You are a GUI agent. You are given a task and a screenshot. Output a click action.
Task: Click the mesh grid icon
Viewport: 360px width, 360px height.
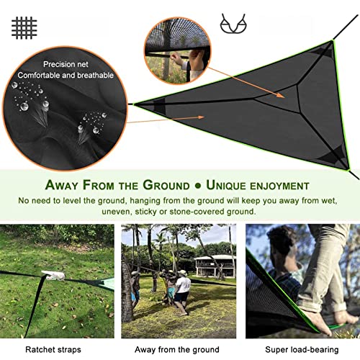pyautogui.click(x=24, y=27)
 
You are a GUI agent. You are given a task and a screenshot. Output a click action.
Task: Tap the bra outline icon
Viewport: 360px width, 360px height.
pyautogui.click(x=233, y=23)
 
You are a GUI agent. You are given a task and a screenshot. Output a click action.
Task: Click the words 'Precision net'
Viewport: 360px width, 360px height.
pyautogui.click(x=66, y=64)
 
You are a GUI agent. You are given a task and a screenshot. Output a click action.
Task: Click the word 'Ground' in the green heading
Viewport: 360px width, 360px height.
pyautogui.click(x=166, y=185)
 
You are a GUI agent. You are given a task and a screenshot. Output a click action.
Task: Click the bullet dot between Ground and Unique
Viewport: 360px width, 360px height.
pyautogui.click(x=198, y=186)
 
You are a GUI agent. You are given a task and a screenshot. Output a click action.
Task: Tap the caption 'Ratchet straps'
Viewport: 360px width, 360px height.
pyautogui.click(x=53, y=350)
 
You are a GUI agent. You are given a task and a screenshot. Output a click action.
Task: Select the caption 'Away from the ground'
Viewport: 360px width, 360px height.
pyautogui.click(x=177, y=349)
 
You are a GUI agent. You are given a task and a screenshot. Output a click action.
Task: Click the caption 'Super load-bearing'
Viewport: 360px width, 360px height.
pyautogui.click(x=302, y=350)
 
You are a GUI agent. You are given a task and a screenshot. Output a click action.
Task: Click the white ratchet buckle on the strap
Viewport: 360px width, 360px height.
pyautogui.click(x=53, y=275)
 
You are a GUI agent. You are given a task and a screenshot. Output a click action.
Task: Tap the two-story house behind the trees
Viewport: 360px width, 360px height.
pyautogui.click(x=215, y=266)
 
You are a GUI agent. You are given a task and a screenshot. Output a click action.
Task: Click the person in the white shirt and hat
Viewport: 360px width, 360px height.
pyautogui.click(x=182, y=292)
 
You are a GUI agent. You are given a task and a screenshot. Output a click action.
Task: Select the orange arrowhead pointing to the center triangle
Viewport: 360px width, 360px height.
pyautogui.click(x=281, y=95)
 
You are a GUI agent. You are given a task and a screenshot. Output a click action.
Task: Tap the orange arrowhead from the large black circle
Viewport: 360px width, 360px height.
pyautogui.click(x=200, y=117)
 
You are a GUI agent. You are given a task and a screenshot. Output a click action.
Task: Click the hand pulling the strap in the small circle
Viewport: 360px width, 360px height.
pyautogui.click(x=177, y=59)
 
